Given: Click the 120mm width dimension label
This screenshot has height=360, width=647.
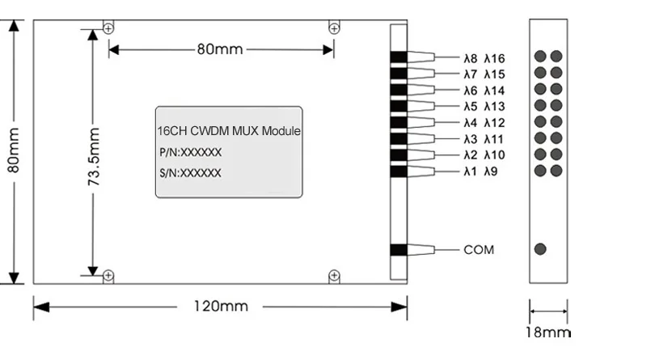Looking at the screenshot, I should click(x=220, y=307).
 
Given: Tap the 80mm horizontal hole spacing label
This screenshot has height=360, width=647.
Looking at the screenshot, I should click(x=219, y=49).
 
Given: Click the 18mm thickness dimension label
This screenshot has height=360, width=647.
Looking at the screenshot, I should click(x=548, y=332).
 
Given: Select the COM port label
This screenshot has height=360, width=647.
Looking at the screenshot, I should click(x=478, y=249).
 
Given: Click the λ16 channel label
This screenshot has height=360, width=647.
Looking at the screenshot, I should click(x=494, y=58).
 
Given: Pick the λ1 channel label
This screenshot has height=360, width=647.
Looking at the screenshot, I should click(x=470, y=172).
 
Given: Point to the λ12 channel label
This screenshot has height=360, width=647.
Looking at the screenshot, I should click(x=494, y=123).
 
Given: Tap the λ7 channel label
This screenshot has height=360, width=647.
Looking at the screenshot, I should click(x=470, y=74).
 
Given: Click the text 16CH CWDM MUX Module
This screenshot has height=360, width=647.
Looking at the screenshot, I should click(x=229, y=131).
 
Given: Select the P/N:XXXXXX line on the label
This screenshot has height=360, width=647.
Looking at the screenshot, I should click(x=190, y=152).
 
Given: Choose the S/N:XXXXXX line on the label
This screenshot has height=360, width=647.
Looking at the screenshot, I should click(x=190, y=173).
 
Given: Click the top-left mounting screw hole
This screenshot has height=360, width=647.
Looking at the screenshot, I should click(x=108, y=29).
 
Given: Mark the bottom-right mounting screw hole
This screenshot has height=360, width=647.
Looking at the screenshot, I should click(x=333, y=277).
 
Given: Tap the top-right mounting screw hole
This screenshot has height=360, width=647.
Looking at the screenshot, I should click(x=333, y=29).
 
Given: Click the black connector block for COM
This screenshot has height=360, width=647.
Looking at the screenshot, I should click(x=398, y=250).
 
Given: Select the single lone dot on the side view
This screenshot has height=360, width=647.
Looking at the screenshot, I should click(x=540, y=249).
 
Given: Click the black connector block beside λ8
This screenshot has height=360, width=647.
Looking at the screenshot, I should click(x=398, y=57).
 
